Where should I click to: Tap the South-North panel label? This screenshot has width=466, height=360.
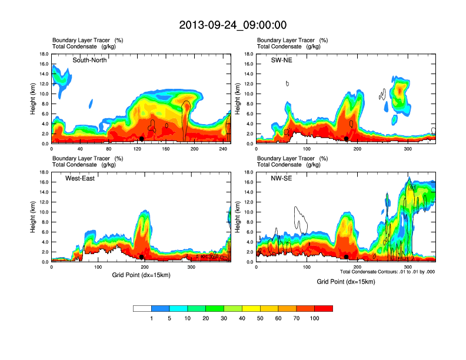click(89, 60)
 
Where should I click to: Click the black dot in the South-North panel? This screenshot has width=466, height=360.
click(142, 139)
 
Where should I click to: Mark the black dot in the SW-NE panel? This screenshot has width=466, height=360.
click(347, 139)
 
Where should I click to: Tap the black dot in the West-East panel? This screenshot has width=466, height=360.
click(142, 257)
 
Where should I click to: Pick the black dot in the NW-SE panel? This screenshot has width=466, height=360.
click(347, 257)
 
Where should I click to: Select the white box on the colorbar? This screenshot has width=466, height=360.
click(142, 308)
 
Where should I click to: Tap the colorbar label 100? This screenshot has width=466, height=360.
click(315, 318)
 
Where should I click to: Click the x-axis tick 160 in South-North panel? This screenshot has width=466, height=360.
click(166, 149)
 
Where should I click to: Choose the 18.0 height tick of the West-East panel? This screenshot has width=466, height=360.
click(43, 172)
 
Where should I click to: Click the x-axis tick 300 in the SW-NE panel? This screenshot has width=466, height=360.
click(408, 149)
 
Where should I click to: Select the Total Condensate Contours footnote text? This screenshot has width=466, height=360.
click(387, 272)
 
